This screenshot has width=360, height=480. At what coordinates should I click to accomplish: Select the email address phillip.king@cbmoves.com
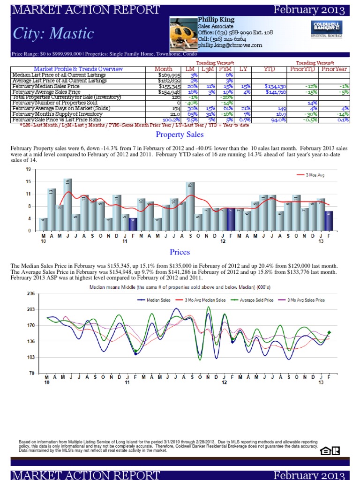[230, 45]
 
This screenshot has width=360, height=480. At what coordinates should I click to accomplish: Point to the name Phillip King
[217, 20]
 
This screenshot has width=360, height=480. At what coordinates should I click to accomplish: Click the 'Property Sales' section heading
[180, 135]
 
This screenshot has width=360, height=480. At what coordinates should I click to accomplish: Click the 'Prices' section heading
[180, 252]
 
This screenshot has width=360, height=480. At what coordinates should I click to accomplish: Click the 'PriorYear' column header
[333, 69]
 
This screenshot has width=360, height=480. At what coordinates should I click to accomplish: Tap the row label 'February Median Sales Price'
[46, 86]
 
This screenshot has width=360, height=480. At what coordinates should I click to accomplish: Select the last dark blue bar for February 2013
[329, 220]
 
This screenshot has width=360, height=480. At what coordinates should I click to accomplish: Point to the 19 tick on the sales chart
[29, 169]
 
